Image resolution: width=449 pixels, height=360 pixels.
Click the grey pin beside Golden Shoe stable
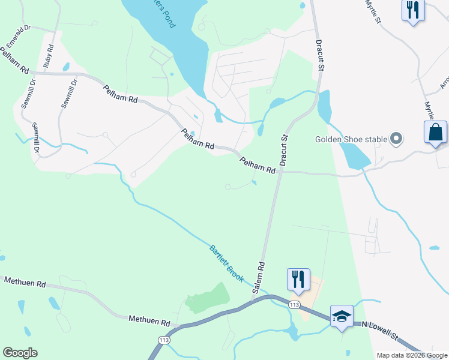[396, 139]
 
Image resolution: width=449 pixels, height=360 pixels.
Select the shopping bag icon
[435, 133]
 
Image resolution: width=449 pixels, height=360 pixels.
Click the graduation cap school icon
[342, 316]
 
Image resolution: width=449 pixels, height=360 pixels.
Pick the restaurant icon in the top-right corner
[412, 10]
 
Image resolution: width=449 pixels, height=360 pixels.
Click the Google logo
[20, 353]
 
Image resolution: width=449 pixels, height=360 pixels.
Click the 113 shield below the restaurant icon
[294, 305]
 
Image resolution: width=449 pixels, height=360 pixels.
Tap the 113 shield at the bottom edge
[163, 340]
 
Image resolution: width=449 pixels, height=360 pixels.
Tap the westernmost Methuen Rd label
[25, 282]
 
